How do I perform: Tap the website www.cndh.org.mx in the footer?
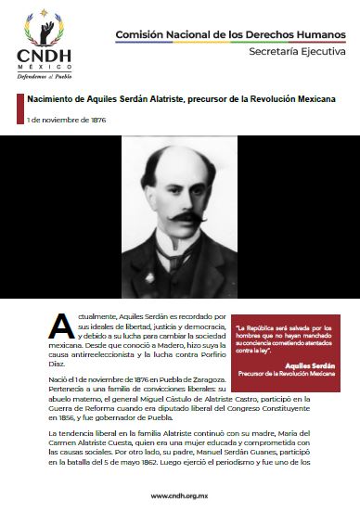179,495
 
